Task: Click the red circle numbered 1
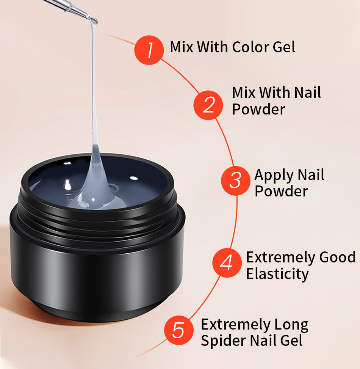pyautogui.click(x=149, y=50)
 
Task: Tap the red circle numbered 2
pyautogui.click(x=208, y=105)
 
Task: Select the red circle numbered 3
pyautogui.click(x=236, y=181)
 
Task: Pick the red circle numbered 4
pyautogui.click(x=227, y=262)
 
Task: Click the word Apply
pyautogui.click(x=274, y=176)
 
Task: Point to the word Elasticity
pyautogui.click(x=277, y=274)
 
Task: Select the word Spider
pyautogui.click(x=223, y=340)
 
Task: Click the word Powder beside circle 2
pyautogui.click(x=258, y=109)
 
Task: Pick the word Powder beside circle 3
pyautogui.click(x=281, y=191)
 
